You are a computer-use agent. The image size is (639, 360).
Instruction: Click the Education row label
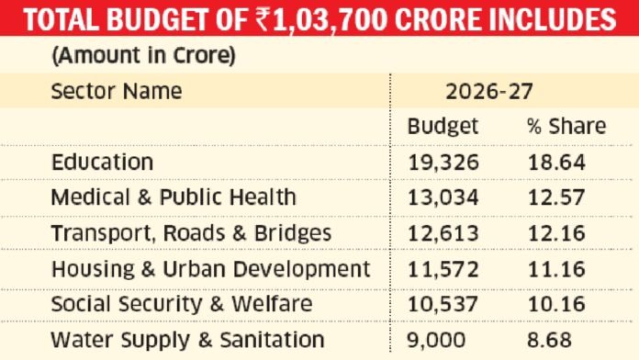(x=102, y=162)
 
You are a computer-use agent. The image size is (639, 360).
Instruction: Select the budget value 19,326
(x=444, y=162)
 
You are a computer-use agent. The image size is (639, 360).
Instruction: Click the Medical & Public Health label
(x=174, y=197)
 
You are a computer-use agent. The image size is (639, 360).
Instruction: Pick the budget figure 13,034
(x=444, y=197)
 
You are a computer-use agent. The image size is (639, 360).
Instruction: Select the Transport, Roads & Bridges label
(x=191, y=233)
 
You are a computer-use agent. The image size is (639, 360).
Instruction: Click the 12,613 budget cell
(x=444, y=233)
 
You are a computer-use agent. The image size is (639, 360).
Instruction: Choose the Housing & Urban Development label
(x=210, y=269)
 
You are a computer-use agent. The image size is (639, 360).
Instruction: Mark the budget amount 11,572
(x=444, y=269)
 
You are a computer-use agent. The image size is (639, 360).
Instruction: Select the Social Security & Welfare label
(x=182, y=304)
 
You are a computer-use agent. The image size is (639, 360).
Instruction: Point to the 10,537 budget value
(x=444, y=304)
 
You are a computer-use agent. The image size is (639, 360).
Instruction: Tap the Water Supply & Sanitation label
(x=187, y=340)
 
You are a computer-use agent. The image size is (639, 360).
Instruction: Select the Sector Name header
(x=116, y=92)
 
